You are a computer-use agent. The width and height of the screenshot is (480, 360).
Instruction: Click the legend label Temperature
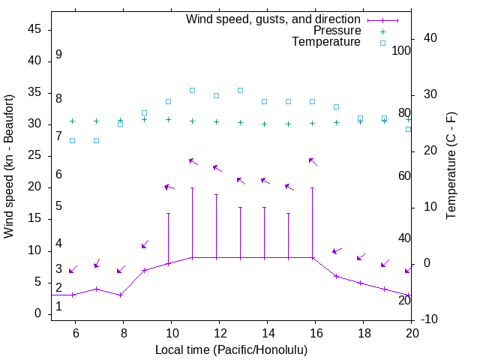click(326, 42)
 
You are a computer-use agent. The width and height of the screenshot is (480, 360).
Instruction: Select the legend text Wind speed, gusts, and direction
click(273, 19)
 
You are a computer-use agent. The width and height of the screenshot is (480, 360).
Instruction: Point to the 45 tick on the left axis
click(34, 29)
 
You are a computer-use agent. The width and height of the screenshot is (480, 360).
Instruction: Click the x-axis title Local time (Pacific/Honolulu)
click(231, 349)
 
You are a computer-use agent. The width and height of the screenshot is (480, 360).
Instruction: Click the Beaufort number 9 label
click(58, 55)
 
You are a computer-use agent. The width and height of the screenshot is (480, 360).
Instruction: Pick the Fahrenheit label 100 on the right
click(402, 50)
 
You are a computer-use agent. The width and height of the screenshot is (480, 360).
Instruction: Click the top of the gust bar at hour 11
click(192, 187)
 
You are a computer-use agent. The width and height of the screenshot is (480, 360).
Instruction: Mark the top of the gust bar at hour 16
click(312, 187)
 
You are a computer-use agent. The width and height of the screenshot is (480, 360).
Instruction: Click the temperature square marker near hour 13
click(240, 90)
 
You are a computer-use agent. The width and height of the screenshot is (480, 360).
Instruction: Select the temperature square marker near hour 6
click(72, 140)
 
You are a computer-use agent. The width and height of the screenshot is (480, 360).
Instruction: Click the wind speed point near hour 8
click(120, 295)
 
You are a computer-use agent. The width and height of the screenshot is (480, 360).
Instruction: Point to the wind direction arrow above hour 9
click(145, 244)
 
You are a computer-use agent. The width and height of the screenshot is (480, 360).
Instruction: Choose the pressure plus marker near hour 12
click(216, 121)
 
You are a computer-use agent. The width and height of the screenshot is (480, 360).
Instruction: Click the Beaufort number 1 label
click(58, 306)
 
